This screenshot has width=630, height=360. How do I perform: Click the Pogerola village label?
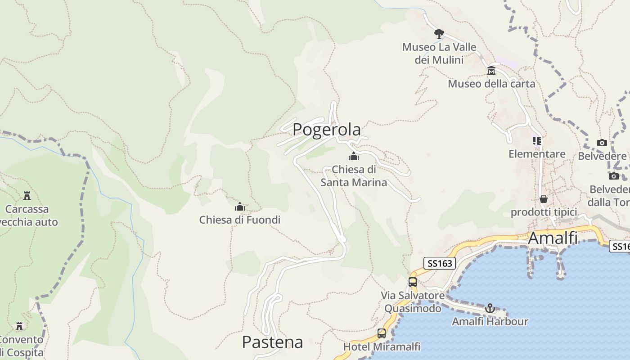click(x=326, y=130)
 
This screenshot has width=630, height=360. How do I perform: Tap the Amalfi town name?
click(x=553, y=238)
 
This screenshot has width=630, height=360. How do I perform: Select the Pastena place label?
click(x=272, y=342)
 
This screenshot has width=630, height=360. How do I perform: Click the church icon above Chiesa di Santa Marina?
click(x=354, y=157)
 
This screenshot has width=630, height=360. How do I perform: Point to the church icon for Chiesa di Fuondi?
click(x=240, y=207)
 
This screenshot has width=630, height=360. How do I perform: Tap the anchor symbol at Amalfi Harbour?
click(x=490, y=308)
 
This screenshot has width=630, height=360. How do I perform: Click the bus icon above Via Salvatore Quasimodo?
click(x=413, y=282)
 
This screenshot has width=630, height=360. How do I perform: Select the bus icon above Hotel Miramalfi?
click(x=382, y=333)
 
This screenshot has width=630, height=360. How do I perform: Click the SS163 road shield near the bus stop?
click(x=440, y=263)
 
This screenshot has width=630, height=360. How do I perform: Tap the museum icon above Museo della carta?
click(x=491, y=71)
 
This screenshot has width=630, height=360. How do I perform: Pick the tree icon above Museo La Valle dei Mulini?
click(x=439, y=33)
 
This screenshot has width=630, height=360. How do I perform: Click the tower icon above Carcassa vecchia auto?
click(x=27, y=196)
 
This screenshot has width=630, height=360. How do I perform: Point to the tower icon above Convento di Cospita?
click(x=19, y=326)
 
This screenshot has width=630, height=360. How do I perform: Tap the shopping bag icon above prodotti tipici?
click(x=544, y=199)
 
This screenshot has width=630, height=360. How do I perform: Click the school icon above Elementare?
click(x=537, y=141)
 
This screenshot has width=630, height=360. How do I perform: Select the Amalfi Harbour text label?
click(x=490, y=321)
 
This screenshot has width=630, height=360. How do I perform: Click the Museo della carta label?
click(x=491, y=84)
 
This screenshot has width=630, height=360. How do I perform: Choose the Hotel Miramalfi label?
click(x=382, y=346)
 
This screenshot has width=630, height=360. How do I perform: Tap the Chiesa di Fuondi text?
click(x=240, y=220)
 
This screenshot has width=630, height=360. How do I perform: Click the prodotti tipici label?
click(x=544, y=212)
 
